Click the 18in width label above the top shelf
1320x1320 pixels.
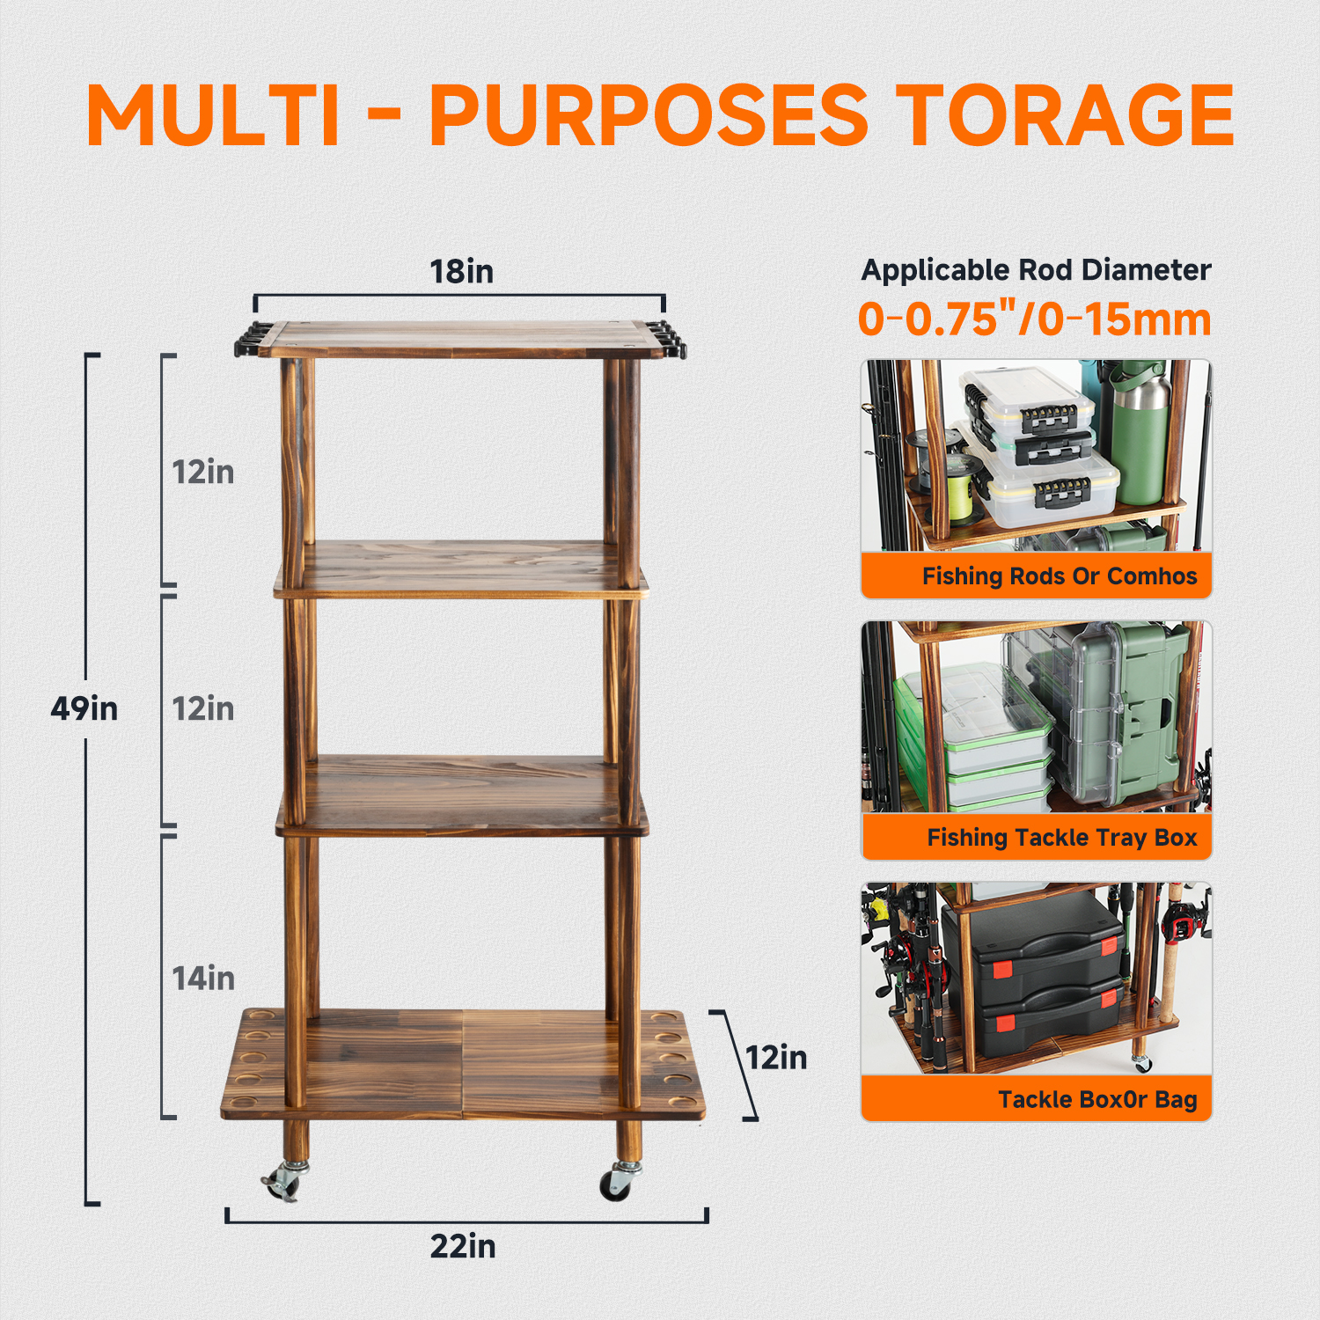click(x=461, y=271)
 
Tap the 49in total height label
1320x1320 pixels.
click(x=84, y=708)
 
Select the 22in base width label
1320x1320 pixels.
click(x=463, y=1246)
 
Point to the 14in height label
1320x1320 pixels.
click(x=203, y=978)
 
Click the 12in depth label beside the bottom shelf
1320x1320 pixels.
click(x=776, y=1057)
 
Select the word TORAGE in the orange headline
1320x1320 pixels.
click(x=1069, y=115)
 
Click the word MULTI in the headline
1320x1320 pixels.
click(x=212, y=115)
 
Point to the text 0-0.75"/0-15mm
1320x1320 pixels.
click(x=1035, y=319)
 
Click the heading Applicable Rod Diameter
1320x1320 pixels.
click(x=1037, y=270)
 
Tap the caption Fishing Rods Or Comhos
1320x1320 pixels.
click(x=1060, y=576)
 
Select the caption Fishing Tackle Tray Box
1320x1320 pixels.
click(x=1062, y=838)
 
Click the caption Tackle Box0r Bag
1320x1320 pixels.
click(x=1097, y=1099)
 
